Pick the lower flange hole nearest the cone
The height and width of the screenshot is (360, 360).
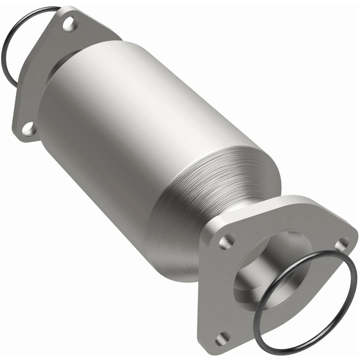(x=226, y=241)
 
